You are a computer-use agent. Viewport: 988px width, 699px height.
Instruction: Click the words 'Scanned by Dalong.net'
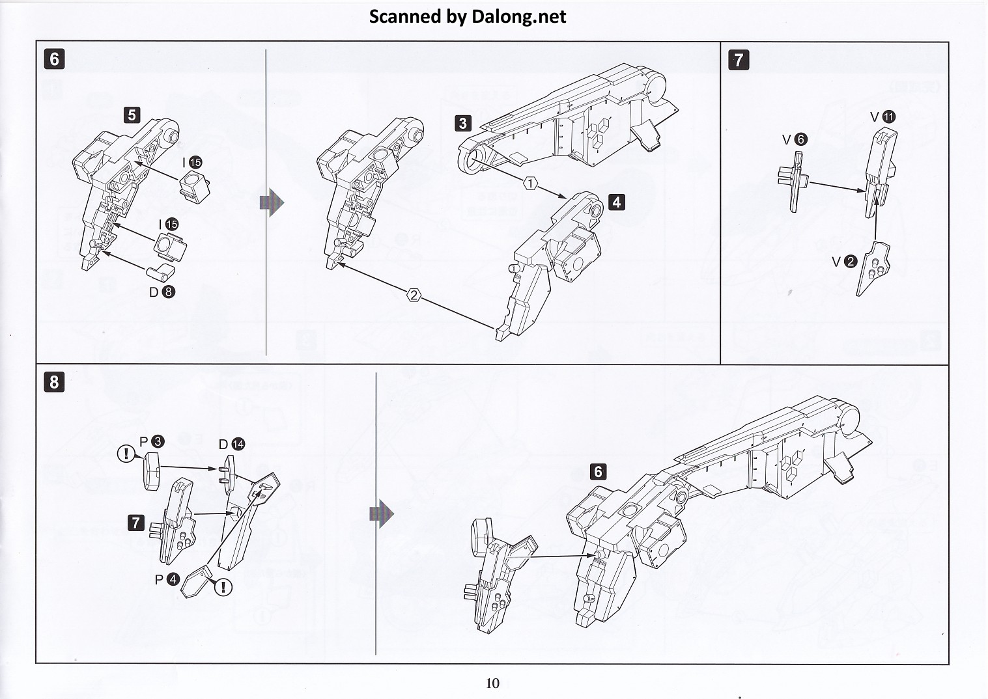(x=467, y=16)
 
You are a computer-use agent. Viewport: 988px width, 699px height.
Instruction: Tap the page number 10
(x=492, y=683)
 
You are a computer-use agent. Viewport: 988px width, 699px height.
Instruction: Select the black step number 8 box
(x=54, y=381)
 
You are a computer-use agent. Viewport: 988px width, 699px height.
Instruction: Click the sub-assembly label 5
(x=132, y=115)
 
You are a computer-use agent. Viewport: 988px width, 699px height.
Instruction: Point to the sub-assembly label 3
(x=462, y=123)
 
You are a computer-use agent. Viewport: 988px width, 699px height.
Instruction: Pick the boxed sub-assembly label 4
(x=616, y=202)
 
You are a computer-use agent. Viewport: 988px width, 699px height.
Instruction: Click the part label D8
(x=162, y=292)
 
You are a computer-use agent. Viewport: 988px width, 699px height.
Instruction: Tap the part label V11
(x=883, y=116)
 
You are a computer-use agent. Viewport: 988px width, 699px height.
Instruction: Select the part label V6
(x=795, y=139)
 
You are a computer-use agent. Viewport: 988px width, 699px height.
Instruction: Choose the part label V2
(x=844, y=262)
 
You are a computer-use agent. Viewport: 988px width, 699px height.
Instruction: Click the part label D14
(x=232, y=444)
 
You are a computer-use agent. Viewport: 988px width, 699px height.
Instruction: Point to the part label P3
(x=152, y=441)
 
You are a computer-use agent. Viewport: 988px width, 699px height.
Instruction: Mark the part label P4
(x=167, y=579)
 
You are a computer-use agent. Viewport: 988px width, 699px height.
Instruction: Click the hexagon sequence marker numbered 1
(x=531, y=184)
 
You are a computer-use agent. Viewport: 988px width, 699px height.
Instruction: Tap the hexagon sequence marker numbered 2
(x=414, y=295)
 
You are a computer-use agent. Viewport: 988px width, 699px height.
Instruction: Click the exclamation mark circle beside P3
(x=126, y=453)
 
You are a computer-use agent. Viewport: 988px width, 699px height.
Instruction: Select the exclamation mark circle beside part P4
(x=223, y=587)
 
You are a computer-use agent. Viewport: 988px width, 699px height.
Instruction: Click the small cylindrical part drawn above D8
(x=160, y=270)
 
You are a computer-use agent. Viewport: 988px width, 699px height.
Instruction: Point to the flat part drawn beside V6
(x=793, y=181)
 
